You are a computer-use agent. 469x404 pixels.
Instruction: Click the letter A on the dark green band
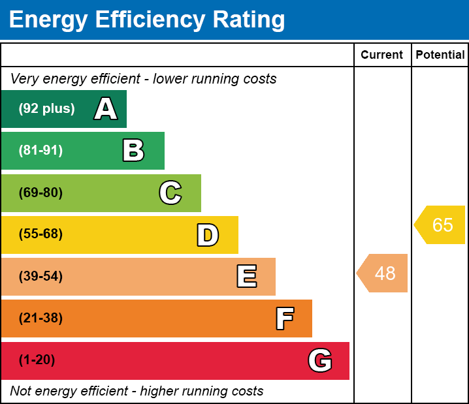click(x=105, y=109)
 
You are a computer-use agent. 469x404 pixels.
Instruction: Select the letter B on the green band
click(x=133, y=151)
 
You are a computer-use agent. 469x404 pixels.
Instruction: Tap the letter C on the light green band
click(x=170, y=193)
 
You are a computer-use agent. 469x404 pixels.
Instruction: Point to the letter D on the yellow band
click(x=208, y=235)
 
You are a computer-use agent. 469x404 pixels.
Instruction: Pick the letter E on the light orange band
click(x=246, y=277)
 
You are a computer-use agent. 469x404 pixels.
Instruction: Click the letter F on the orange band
click(x=284, y=319)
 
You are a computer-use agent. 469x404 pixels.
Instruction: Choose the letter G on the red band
click(x=320, y=360)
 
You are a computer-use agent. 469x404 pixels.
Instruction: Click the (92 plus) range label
click(x=46, y=109)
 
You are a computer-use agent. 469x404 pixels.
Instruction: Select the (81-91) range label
click(x=40, y=151)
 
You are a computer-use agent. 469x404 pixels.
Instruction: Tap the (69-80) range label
click(x=40, y=193)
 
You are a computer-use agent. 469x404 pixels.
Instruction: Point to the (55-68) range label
click(x=40, y=234)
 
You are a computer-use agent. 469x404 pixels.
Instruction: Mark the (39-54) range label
click(x=40, y=277)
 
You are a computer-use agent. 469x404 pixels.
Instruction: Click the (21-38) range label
click(x=40, y=319)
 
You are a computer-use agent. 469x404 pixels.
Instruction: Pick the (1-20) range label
click(x=37, y=360)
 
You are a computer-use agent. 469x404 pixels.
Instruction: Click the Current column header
click(x=382, y=55)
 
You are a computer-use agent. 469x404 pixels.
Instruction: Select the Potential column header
click(x=440, y=55)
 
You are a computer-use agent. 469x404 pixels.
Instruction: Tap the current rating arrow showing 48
click(x=383, y=273)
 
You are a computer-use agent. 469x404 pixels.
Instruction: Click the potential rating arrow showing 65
click(x=441, y=225)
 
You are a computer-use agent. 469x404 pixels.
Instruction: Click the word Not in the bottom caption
click(x=21, y=392)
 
